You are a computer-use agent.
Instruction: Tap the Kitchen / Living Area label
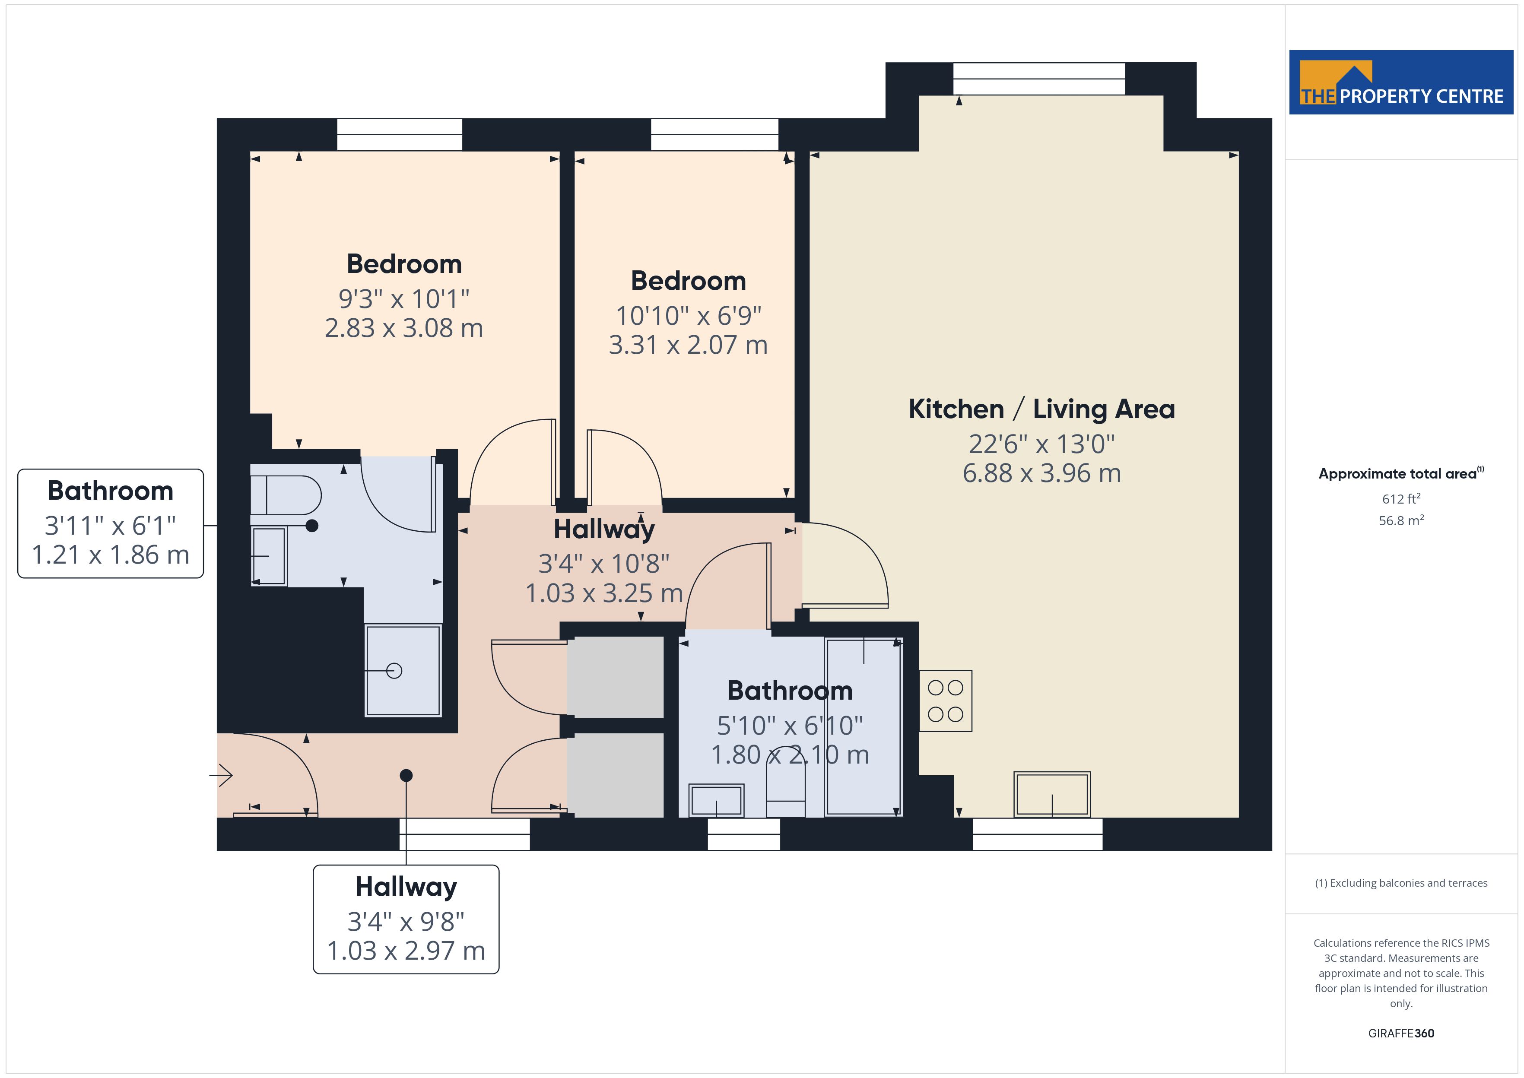pos(1041,409)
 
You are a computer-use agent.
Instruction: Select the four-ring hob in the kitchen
pos(945,701)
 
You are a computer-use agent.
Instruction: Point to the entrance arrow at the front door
pos(221,775)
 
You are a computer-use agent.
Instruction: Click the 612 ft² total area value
pos(1401,498)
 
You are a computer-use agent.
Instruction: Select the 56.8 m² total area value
pos(1401,520)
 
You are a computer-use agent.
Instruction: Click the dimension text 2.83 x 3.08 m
pos(403,328)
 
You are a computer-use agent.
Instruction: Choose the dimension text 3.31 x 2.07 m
pos(688,345)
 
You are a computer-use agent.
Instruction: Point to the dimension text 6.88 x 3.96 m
pos(1042,473)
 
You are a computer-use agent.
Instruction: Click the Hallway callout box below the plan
pos(406,919)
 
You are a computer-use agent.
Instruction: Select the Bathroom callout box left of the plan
pos(110,524)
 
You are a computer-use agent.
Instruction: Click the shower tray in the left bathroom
pos(403,670)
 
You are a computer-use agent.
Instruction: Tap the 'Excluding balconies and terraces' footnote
pos(1401,883)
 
